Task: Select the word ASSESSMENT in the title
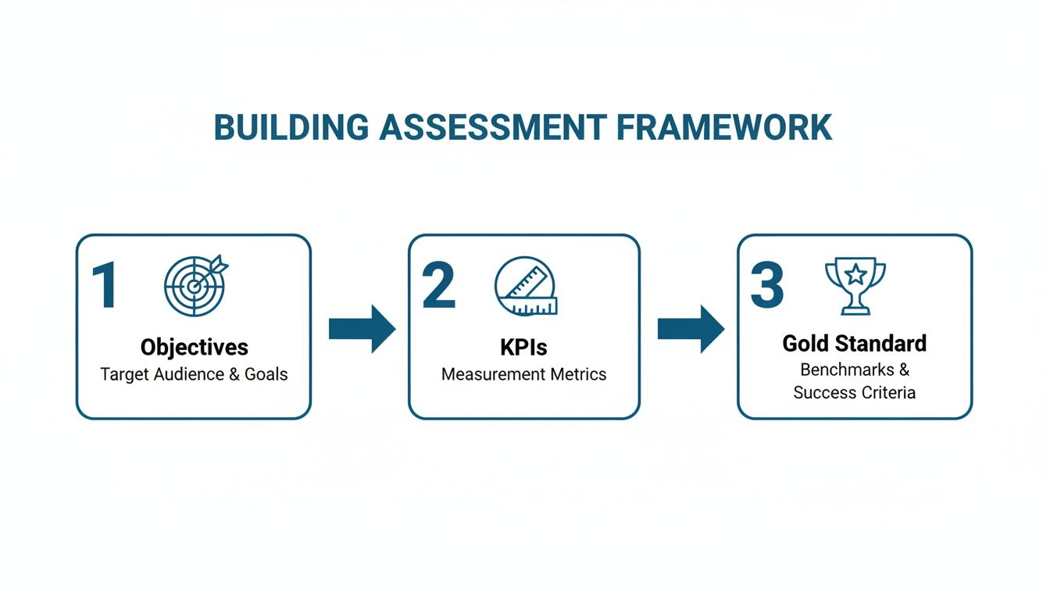(492, 127)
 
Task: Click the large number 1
(105, 286)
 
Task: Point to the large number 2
(438, 286)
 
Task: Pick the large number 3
(766, 286)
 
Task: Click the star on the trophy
(855, 274)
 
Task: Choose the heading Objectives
(194, 347)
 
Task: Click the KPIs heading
(524, 347)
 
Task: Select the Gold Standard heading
(855, 343)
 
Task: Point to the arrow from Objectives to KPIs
(362, 329)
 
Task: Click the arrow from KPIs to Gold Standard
(691, 329)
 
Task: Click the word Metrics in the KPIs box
(577, 374)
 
